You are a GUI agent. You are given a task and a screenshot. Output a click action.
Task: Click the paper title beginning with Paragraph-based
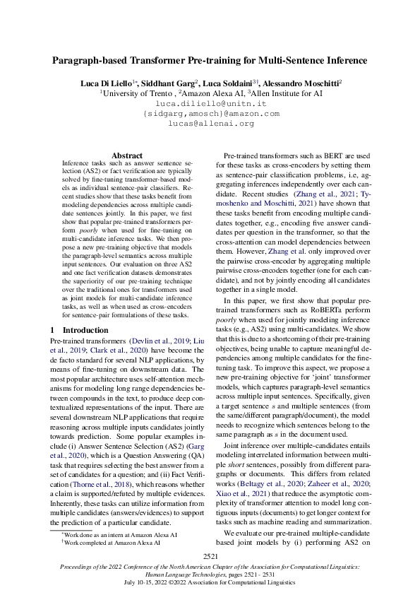click(x=210, y=61)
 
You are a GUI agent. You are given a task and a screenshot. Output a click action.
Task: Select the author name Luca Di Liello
click(x=107, y=83)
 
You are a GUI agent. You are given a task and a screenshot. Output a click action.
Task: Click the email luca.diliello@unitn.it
click(x=210, y=103)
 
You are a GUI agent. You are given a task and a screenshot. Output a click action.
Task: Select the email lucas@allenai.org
click(x=210, y=123)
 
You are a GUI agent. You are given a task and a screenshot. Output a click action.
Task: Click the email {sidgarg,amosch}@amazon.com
click(x=210, y=113)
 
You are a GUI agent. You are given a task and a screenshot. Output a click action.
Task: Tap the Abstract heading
click(x=127, y=155)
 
